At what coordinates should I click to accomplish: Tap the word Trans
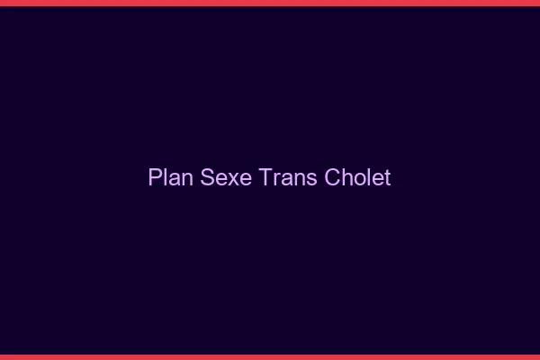(x=286, y=177)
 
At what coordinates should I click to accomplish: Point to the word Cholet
(x=356, y=177)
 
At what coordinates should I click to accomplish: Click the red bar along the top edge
(x=270, y=3)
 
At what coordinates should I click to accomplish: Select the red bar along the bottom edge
(x=270, y=356)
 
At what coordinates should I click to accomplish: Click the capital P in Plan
(x=154, y=177)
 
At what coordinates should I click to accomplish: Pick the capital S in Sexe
(x=204, y=177)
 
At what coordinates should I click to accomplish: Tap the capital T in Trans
(x=265, y=177)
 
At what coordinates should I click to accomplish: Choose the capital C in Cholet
(x=328, y=177)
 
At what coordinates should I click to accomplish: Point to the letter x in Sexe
(x=227, y=179)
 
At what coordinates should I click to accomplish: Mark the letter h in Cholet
(x=343, y=177)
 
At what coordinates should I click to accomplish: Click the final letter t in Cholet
(x=387, y=177)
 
